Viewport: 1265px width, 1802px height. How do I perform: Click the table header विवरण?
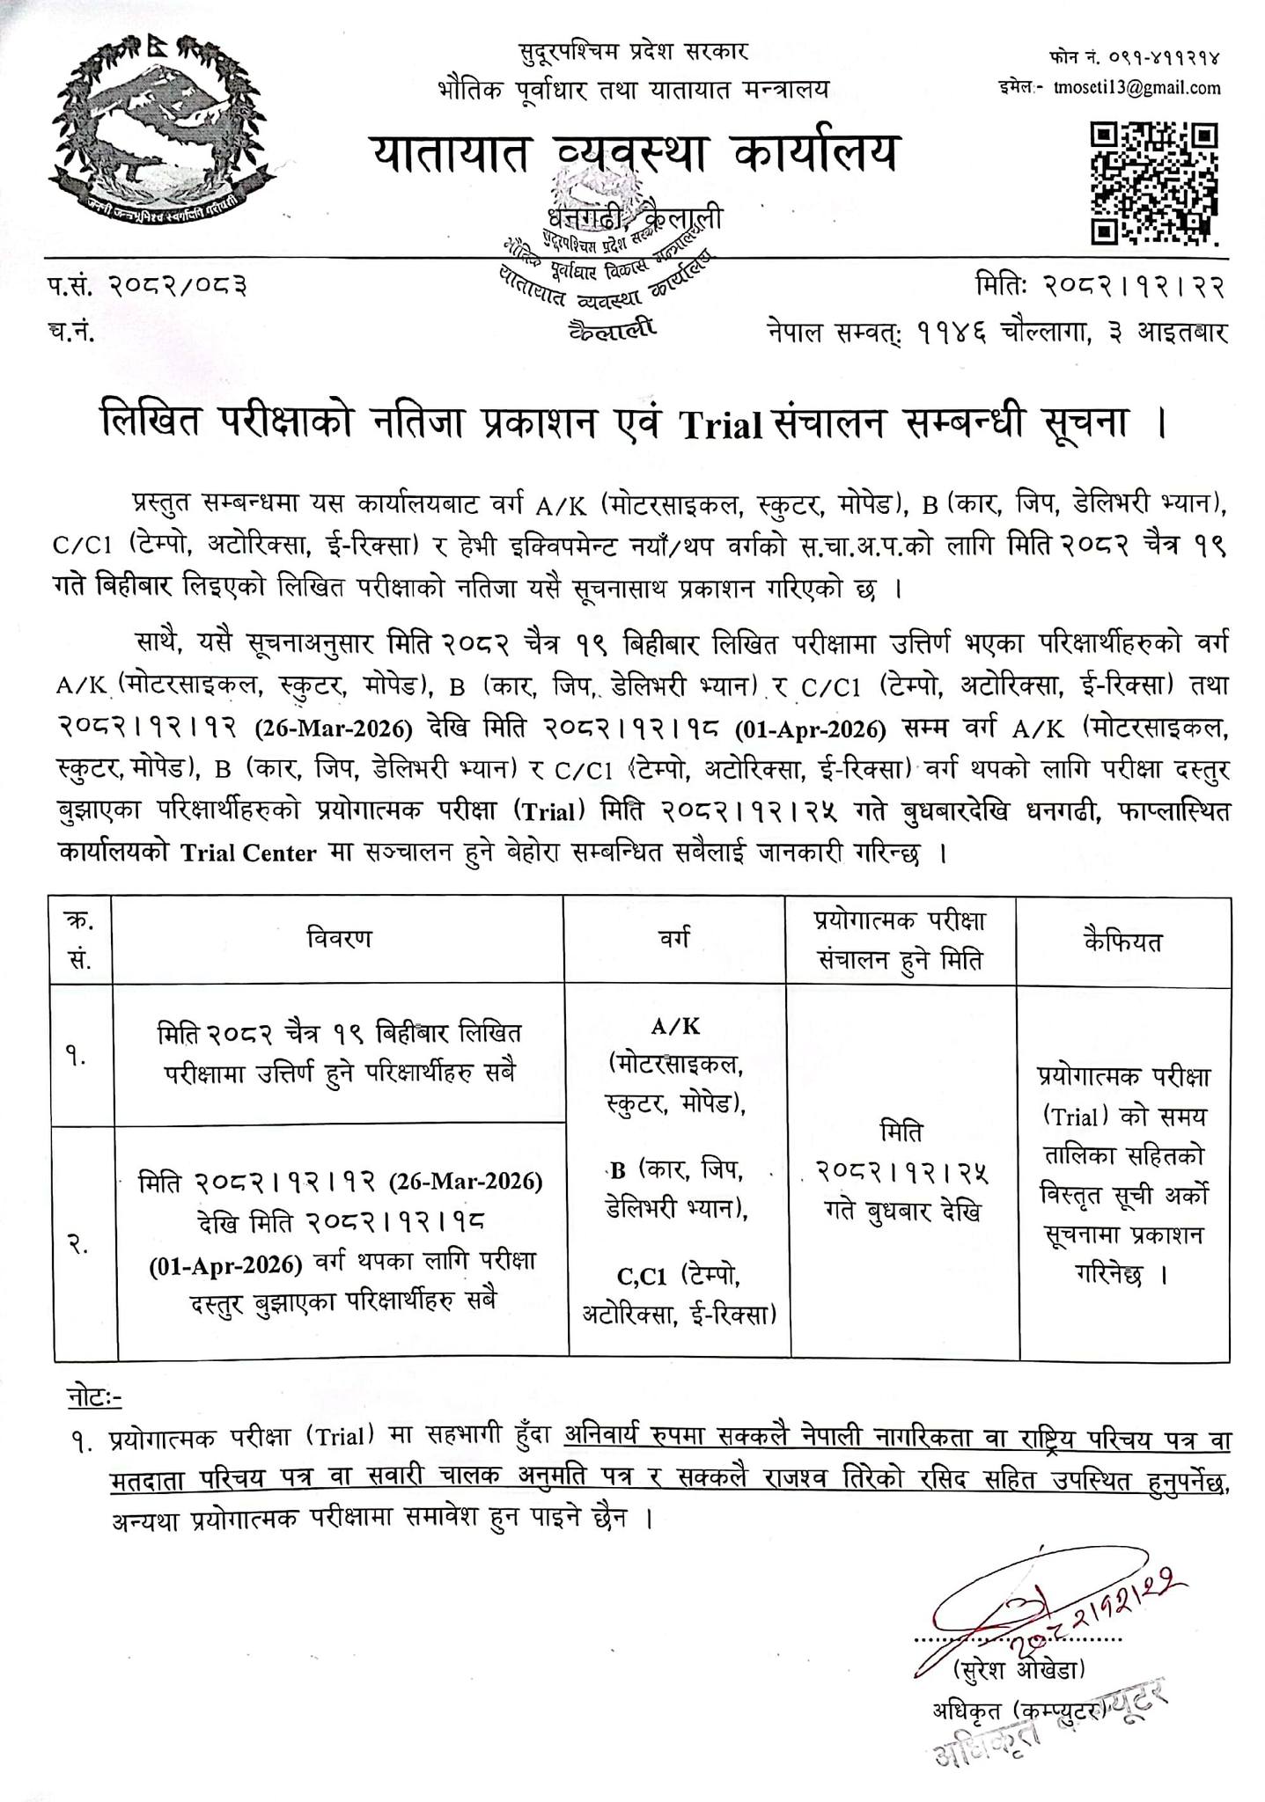(339, 940)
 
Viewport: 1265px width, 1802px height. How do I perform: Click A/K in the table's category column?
(675, 1027)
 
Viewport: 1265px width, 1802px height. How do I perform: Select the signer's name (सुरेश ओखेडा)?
(1020, 1667)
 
